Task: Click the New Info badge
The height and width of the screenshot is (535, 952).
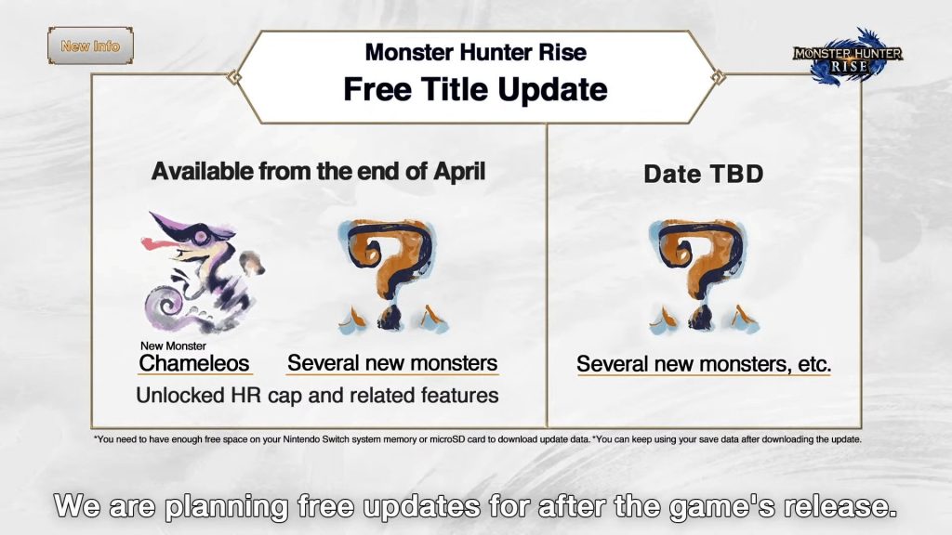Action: coord(90,46)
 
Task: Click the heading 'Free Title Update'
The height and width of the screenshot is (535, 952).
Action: coord(475,89)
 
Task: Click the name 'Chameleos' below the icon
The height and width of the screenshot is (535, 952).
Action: coord(194,363)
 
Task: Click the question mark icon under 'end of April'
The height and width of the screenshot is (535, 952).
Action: coord(392,276)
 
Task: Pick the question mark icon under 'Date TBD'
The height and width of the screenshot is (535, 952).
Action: coord(703,276)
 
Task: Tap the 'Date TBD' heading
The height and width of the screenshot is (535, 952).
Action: coord(703,175)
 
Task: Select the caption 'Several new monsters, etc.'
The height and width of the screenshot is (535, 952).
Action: coord(703,365)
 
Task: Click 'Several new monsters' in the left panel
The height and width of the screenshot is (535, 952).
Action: coord(392,363)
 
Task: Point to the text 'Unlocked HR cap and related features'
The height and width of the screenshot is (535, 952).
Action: coord(317,396)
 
